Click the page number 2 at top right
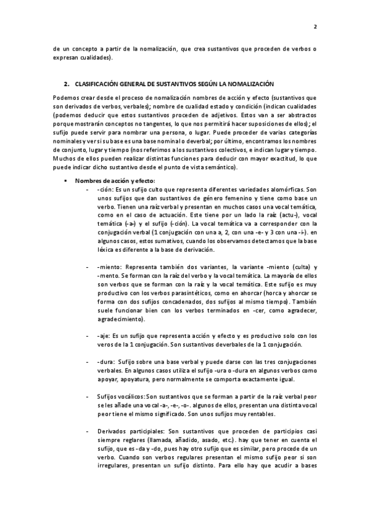pyautogui.click(x=315, y=27)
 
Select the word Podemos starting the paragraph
pyautogui.click(x=66, y=97)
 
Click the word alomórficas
pyautogui.click(x=282, y=191)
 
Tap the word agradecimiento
pyautogui.click(x=119, y=319)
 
